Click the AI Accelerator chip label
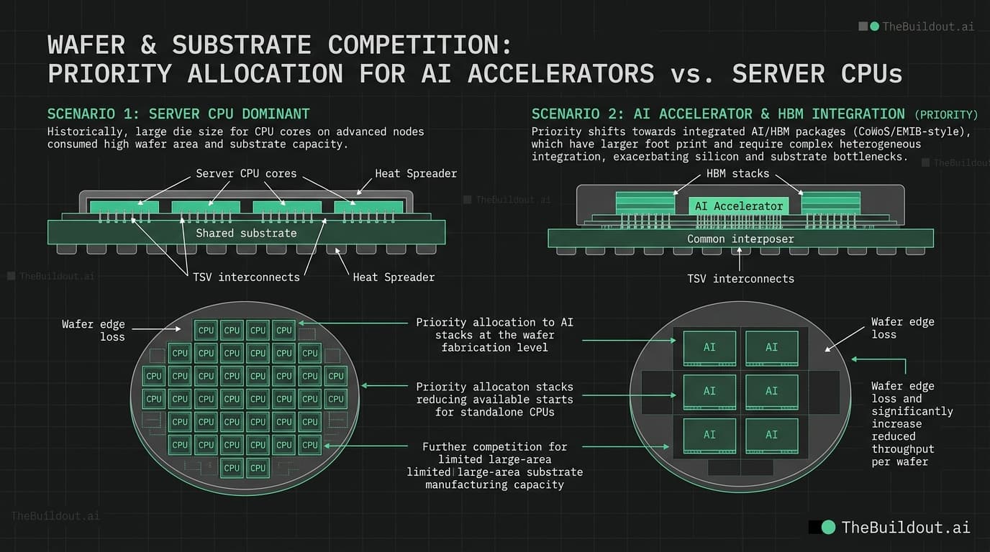738,206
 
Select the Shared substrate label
246,233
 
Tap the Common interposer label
740,239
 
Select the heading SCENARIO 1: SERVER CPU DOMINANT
178,114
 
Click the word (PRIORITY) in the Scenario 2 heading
946,114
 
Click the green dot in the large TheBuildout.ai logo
828,527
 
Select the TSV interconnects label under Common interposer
740,278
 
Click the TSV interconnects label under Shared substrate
245,277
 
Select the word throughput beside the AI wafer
902,448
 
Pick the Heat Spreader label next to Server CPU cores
416,173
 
